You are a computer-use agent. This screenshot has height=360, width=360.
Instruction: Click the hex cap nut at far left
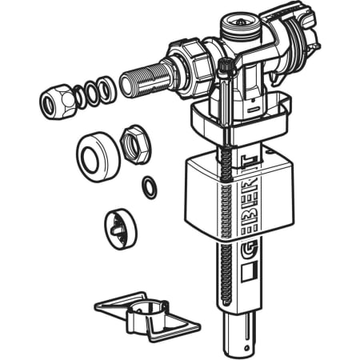coord(56,102)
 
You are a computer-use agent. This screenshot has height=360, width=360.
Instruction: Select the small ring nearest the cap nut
coord(79,97)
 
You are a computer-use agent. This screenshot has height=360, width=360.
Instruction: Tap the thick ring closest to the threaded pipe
coord(106,90)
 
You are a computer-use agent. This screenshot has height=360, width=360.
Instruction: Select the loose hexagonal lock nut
coord(135,142)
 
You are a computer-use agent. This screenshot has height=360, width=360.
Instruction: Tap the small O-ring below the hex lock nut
coord(150,187)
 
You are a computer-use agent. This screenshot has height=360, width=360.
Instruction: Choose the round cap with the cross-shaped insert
coord(121,230)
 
